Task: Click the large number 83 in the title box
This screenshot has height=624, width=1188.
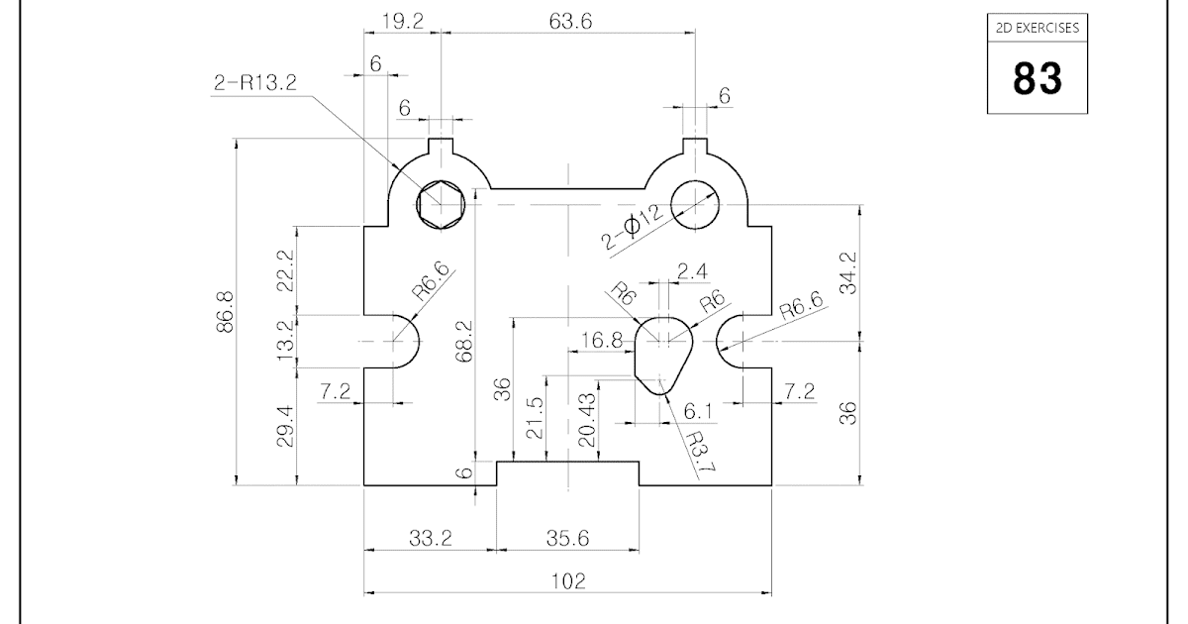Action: pyautogui.click(x=1037, y=79)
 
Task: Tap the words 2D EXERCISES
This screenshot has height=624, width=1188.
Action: pyautogui.click(x=1037, y=28)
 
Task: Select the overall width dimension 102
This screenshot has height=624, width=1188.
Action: pyautogui.click(x=569, y=581)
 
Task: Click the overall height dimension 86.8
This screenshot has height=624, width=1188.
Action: pyautogui.click(x=225, y=312)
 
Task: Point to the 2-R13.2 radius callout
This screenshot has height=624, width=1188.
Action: pyautogui.click(x=254, y=83)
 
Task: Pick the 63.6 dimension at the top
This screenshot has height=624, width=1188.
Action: pyautogui.click(x=569, y=22)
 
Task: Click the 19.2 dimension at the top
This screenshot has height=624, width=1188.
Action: pyautogui.click(x=402, y=22)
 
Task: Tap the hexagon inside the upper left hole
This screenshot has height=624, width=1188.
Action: pyautogui.click(x=441, y=205)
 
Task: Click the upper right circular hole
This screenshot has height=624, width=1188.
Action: pyautogui.click(x=697, y=205)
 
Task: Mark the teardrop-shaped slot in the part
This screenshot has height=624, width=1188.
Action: pyautogui.click(x=660, y=352)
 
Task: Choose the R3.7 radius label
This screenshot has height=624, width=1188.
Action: pyautogui.click(x=694, y=453)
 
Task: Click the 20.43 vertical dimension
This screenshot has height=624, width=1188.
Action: pyautogui.click(x=587, y=421)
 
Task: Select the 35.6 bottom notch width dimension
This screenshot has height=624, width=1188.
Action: pyautogui.click(x=568, y=538)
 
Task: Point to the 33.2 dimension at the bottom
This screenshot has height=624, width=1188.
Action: pyautogui.click(x=431, y=538)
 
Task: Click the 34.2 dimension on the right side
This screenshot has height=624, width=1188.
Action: pyautogui.click(x=848, y=272)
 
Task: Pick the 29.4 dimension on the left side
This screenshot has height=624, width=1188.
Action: pyautogui.click(x=286, y=426)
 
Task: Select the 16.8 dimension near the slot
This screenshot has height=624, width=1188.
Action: pyautogui.click(x=602, y=341)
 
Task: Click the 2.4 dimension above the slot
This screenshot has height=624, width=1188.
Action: pyautogui.click(x=691, y=271)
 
